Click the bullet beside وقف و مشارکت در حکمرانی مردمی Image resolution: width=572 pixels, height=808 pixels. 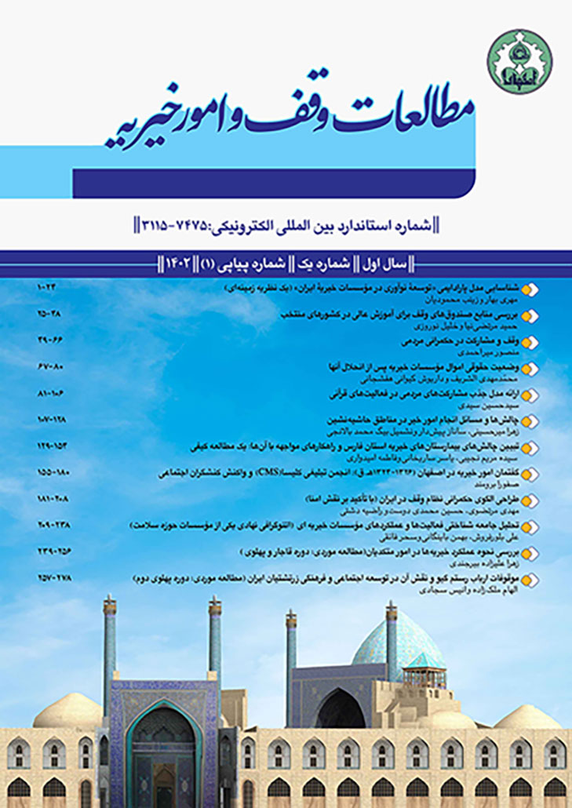[x=533, y=342]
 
